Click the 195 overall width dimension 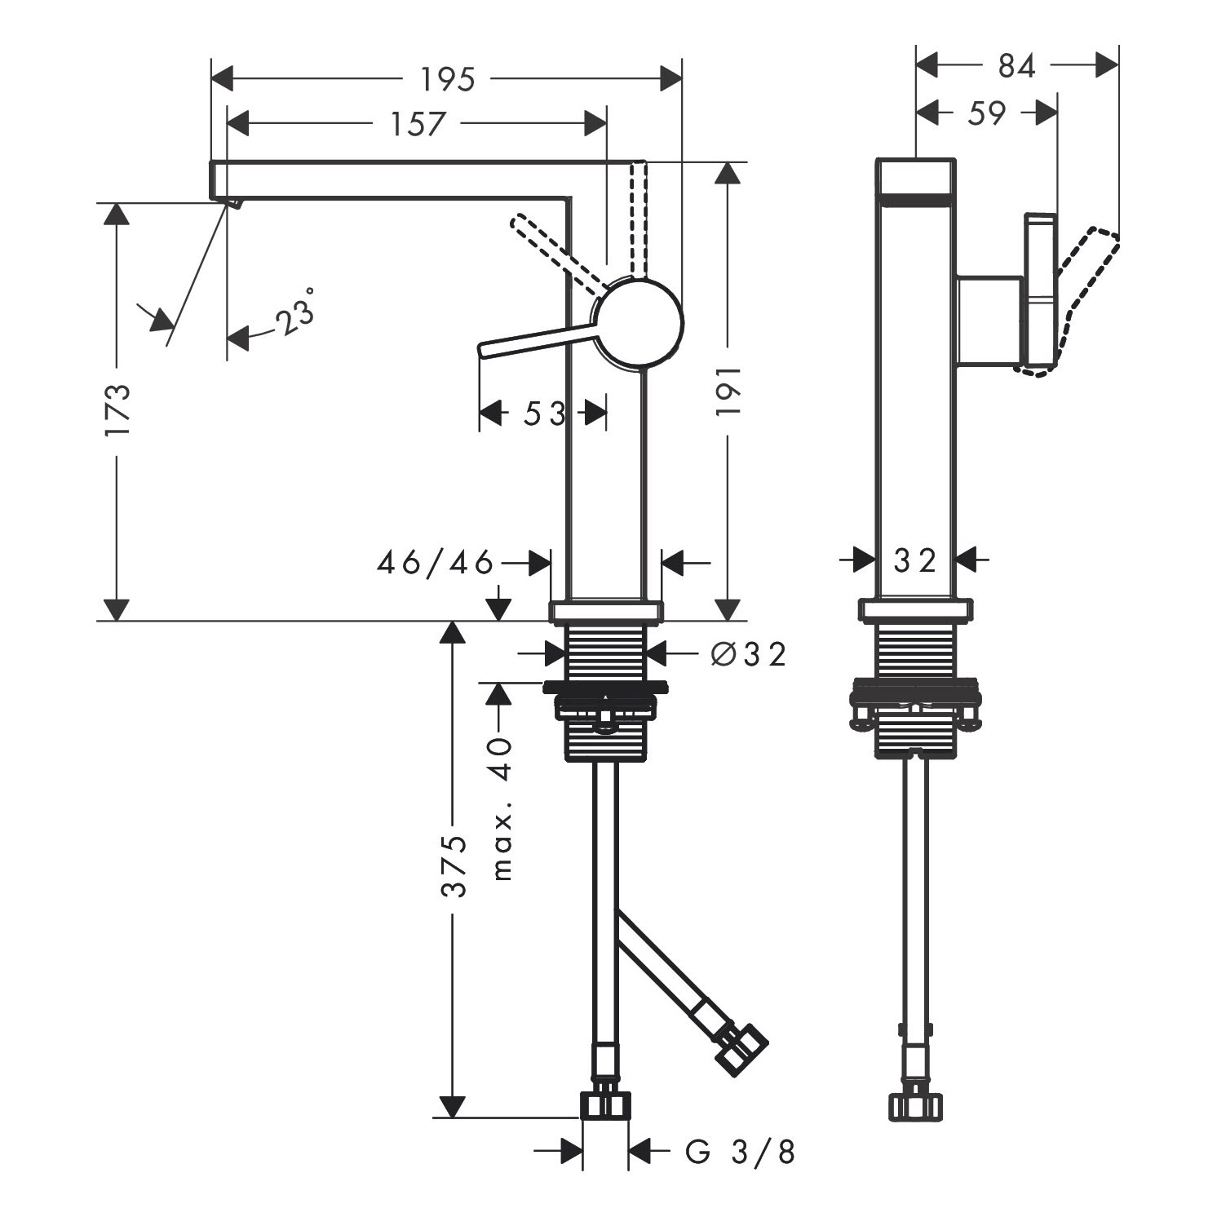(x=447, y=79)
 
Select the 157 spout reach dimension (x=418, y=124)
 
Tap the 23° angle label (x=294, y=313)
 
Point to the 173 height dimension (x=117, y=411)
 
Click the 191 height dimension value (x=728, y=391)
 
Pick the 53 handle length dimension (x=543, y=414)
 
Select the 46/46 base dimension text (x=436, y=562)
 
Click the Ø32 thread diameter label (x=748, y=653)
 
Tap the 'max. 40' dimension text (x=502, y=808)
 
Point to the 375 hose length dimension (x=454, y=865)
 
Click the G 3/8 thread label (x=740, y=1152)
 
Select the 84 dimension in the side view (x=1016, y=67)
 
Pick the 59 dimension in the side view (x=987, y=113)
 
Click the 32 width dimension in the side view (x=915, y=560)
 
